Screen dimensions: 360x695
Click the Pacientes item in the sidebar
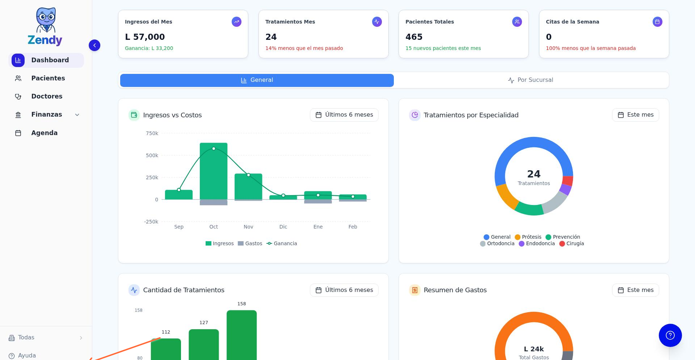[48, 78]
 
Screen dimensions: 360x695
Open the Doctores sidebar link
[47, 96]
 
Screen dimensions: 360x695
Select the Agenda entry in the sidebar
[44, 133]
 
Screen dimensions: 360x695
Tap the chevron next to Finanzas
[77, 115]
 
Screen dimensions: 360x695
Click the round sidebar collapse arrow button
[94, 45]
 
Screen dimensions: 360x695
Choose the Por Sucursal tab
[531, 80]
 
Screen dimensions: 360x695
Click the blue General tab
[257, 80]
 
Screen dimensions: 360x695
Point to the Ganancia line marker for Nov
[248, 175]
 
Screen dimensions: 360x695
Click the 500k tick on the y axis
[152, 155]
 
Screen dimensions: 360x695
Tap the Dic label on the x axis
[283, 227]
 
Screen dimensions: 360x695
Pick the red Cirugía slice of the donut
[568, 181]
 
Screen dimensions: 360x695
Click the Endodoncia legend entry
[537, 243]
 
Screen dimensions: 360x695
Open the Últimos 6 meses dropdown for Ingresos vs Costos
[344, 115]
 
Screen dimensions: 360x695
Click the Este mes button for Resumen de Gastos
[635, 290]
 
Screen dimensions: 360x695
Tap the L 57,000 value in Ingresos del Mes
[145, 37]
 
